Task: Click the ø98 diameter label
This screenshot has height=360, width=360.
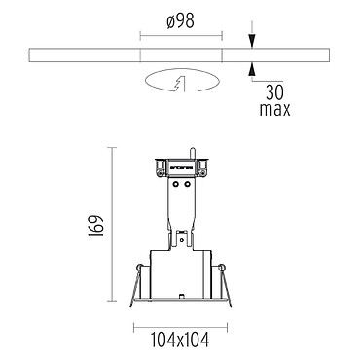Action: [x=181, y=22]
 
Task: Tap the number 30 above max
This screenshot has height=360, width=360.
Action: [x=274, y=92]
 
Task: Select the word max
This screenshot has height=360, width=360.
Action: [x=274, y=109]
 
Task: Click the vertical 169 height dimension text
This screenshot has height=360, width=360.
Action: [x=96, y=226]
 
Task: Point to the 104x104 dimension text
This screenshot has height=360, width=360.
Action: [x=180, y=340]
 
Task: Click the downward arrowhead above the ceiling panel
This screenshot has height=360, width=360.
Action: [x=252, y=42]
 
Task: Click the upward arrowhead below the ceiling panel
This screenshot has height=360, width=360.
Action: [x=252, y=69]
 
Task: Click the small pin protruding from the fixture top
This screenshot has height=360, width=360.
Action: [x=192, y=153]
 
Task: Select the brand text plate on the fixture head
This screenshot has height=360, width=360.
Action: [x=181, y=168]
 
